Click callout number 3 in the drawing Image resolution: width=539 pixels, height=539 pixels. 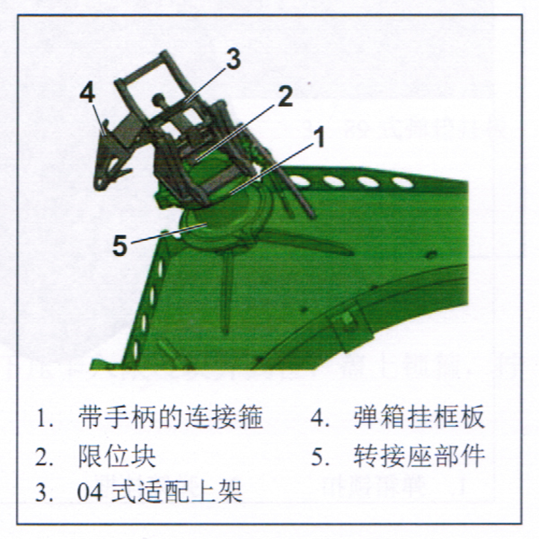pyautogui.click(x=233, y=59)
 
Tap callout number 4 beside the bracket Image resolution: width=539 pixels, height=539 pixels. pyautogui.click(x=87, y=93)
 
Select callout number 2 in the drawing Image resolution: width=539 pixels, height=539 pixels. pyautogui.click(x=285, y=96)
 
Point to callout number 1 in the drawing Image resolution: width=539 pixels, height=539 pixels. pyautogui.click(x=320, y=137)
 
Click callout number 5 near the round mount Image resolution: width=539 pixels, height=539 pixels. pyautogui.click(x=120, y=245)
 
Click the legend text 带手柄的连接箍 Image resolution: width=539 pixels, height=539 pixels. pyautogui.click(x=171, y=418)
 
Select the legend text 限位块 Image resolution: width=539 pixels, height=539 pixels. pyautogui.click(x=117, y=456)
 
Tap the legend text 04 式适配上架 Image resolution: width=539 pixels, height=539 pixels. pyautogui.click(x=160, y=492)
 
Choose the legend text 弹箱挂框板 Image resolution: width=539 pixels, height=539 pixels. pyautogui.click(x=420, y=417)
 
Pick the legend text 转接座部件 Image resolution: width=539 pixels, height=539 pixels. pyautogui.click(x=420, y=456)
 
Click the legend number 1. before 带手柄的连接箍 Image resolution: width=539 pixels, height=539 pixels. pyautogui.click(x=45, y=419)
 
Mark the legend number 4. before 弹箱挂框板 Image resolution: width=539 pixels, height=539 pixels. pyautogui.click(x=320, y=418)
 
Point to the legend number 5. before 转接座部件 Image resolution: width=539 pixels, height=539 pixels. pyautogui.click(x=320, y=456)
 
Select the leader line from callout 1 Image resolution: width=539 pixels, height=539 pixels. pyautogui.click(x=272, y=169)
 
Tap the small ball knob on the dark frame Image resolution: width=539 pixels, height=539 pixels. pyautogui.click(x=158, y=99)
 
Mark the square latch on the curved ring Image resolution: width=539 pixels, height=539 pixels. pyautogui.click(x=349, y=321)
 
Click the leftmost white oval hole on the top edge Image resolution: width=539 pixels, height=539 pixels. pyautogui.click(x=298, y=181)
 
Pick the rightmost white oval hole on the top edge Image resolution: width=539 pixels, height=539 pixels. pyautogui.click(x=402, y=181)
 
